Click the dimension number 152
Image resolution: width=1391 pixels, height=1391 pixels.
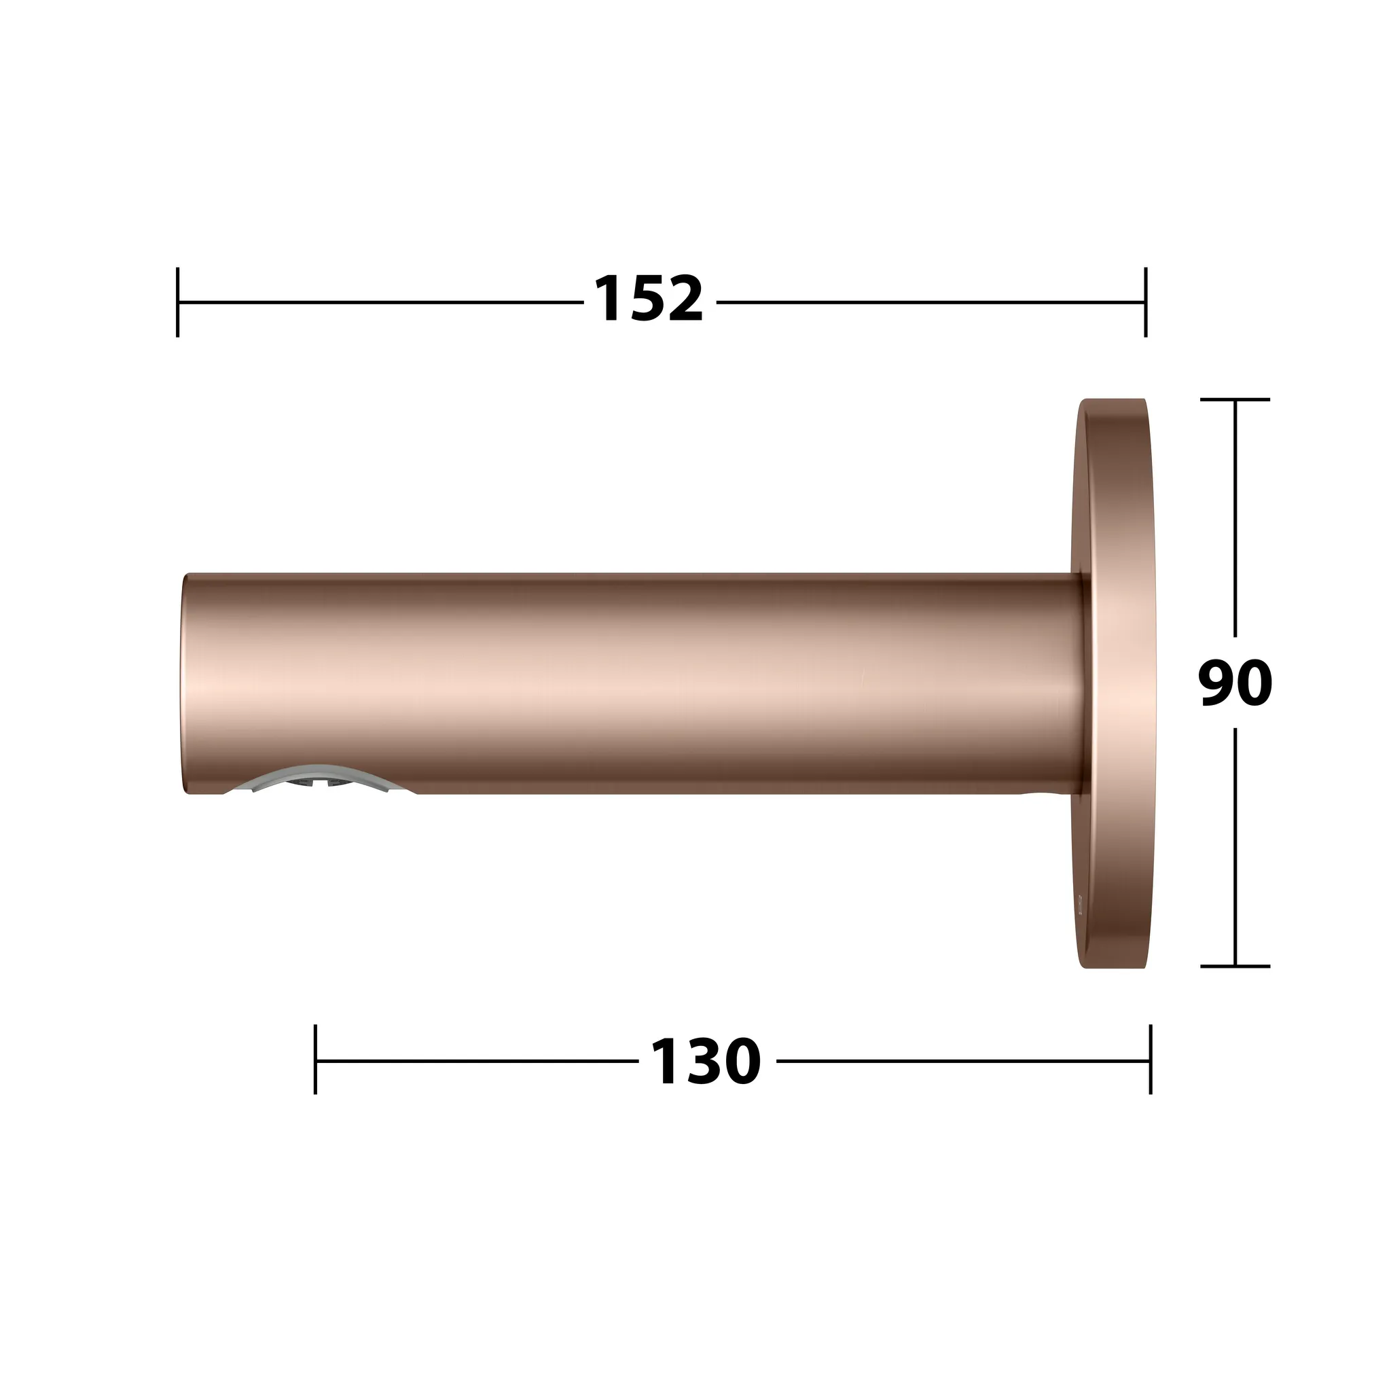coord(648,300)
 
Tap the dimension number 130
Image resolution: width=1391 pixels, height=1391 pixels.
coord(706,1062)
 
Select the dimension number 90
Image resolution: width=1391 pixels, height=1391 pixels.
coord(1235,684)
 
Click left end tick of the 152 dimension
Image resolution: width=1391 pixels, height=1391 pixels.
coord(178,302)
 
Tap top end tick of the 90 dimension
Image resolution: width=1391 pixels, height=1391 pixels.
coord(1235,399)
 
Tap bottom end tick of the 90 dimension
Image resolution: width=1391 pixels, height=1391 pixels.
coord(1235,967)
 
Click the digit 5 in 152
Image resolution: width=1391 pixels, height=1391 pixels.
coord(647,300)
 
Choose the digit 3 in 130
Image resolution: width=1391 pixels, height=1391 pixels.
coord(705,1062)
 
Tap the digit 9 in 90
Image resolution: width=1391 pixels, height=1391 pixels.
coord(1216,684)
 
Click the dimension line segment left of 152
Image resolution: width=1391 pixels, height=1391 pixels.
coord(382,302)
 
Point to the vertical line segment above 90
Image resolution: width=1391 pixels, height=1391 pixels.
coord(1235,518)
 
